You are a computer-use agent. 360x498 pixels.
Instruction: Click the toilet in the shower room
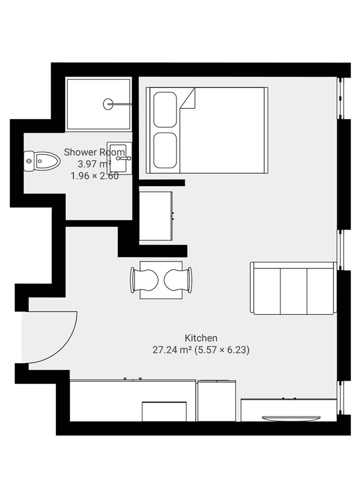[42, 161]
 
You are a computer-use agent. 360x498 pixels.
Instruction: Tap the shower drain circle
[108, 104]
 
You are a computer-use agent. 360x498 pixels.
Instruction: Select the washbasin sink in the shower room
[119, 158]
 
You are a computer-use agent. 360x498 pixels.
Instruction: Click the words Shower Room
[94, 152]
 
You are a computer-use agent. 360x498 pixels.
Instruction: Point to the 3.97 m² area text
[94, 164]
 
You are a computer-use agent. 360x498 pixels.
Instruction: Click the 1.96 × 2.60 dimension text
[94, 176]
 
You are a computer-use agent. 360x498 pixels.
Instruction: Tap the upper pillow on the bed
[165, 109]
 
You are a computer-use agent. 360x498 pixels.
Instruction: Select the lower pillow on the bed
[165, 150]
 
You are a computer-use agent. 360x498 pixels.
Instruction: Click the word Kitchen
[201, 338]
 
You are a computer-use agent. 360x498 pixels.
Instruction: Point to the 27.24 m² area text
[172, 350]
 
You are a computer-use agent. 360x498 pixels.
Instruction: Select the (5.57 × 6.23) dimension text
[222, 350]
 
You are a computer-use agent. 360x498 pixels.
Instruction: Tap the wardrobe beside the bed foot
[156, 216]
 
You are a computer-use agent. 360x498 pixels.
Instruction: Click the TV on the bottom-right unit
[291, 418]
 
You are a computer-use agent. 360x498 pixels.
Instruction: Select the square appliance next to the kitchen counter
[216, 400]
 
